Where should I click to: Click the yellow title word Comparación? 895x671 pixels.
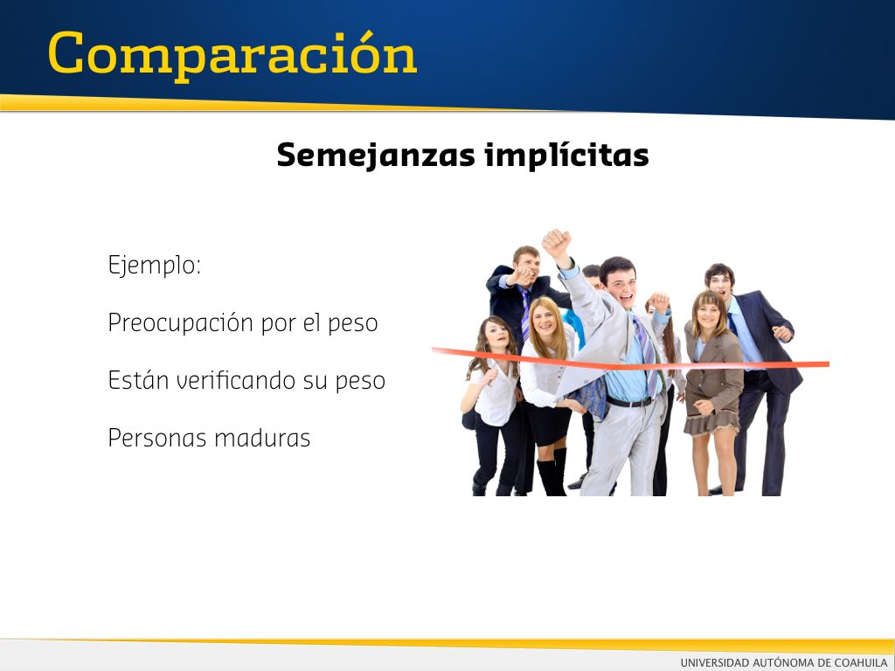[232, 55]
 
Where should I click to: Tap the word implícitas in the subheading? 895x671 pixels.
[566, 155]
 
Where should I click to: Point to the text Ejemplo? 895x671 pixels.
[154, 266]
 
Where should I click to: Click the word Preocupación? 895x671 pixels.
[181, 323]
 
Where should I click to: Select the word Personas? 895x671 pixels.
[157, 439]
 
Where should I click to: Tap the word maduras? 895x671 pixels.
[262, 439]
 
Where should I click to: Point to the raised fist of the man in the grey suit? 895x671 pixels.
[557, 241]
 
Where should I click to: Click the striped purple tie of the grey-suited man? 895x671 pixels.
[646, 356]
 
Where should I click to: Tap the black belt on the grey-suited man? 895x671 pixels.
[629, 402]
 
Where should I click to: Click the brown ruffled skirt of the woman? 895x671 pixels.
[711, 421]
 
